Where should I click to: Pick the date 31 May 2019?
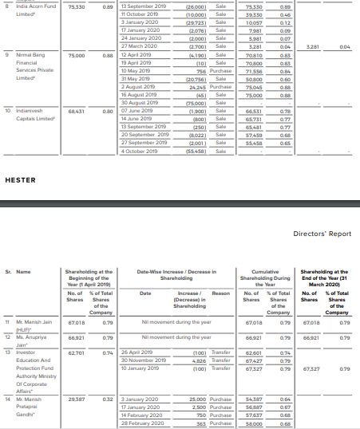pyautogui.click(x=136, y=81)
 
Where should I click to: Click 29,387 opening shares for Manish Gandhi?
pyautogui.click(x=77, y=398)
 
